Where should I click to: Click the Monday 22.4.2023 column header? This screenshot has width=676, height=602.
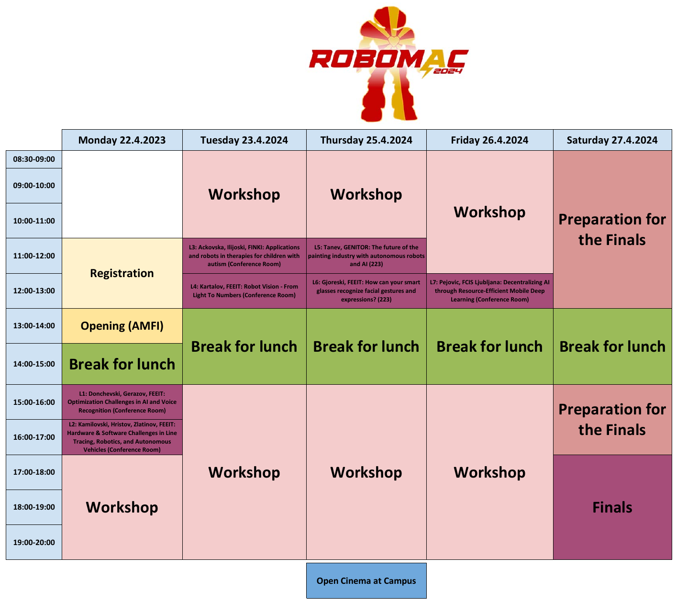[122, 140]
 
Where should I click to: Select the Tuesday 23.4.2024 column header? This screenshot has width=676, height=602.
[244, 140]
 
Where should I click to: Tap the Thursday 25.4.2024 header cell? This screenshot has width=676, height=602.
[366, 140]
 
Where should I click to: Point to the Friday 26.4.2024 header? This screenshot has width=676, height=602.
[489, 140]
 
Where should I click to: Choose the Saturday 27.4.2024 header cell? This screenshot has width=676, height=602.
[612, 140]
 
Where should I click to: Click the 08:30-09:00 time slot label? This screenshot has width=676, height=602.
[33, 159]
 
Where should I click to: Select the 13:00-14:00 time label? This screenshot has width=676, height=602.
[33, 325]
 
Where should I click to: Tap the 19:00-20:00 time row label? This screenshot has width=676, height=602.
[33, 542]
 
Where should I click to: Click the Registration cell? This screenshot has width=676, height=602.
[122, 273]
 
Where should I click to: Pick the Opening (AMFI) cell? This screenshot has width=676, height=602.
[122, 326]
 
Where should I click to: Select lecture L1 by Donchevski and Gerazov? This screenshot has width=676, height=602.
[122, 402]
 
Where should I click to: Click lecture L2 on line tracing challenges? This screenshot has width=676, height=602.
[122, 437]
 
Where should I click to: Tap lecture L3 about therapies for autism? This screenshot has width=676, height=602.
[244, 256]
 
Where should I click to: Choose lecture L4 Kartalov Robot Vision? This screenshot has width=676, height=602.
[244, 290]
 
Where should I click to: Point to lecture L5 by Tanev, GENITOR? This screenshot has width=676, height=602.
[366, 256]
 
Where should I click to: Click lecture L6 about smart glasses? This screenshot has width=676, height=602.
[366, 290]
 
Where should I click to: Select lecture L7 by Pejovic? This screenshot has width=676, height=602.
[489, 290]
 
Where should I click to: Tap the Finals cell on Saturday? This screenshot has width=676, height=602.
[612, 507]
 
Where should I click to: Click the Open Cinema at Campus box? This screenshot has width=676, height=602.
[366, 580]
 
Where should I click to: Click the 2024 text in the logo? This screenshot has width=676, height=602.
[447, 71]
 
